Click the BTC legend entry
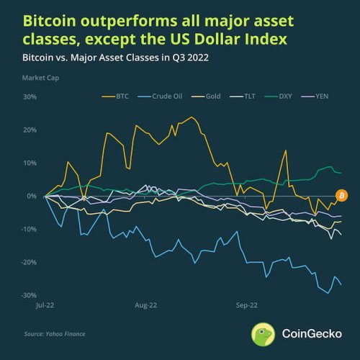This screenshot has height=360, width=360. point(113,94)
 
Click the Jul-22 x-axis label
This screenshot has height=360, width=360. point(45,305)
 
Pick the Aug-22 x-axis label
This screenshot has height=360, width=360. point(145,305)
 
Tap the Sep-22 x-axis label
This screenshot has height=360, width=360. point(246,305)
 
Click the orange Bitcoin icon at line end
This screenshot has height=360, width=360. point(342,195)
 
